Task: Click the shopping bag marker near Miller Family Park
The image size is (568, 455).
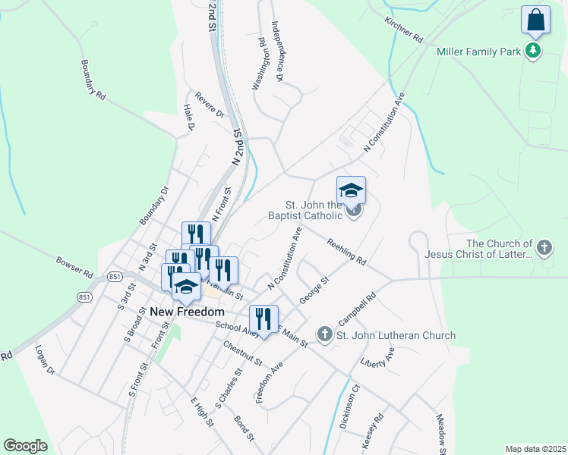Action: (535, 21)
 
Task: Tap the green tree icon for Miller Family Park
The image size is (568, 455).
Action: (534, 51)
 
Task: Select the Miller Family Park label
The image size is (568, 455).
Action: (479, 52)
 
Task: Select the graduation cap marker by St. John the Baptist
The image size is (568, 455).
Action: (351, 191)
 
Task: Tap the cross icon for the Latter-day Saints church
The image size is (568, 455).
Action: (544, 247)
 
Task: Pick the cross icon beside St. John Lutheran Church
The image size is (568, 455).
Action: (324, 334)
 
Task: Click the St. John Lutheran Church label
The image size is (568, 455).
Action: (396, 335)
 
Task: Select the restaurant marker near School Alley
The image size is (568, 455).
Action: (263, 318)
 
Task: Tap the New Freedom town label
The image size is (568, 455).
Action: (187, 312)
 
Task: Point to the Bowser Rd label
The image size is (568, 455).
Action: (74, 266)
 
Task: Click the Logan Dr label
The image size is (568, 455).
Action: (46, 359)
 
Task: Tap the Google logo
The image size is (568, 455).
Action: (25, 446)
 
